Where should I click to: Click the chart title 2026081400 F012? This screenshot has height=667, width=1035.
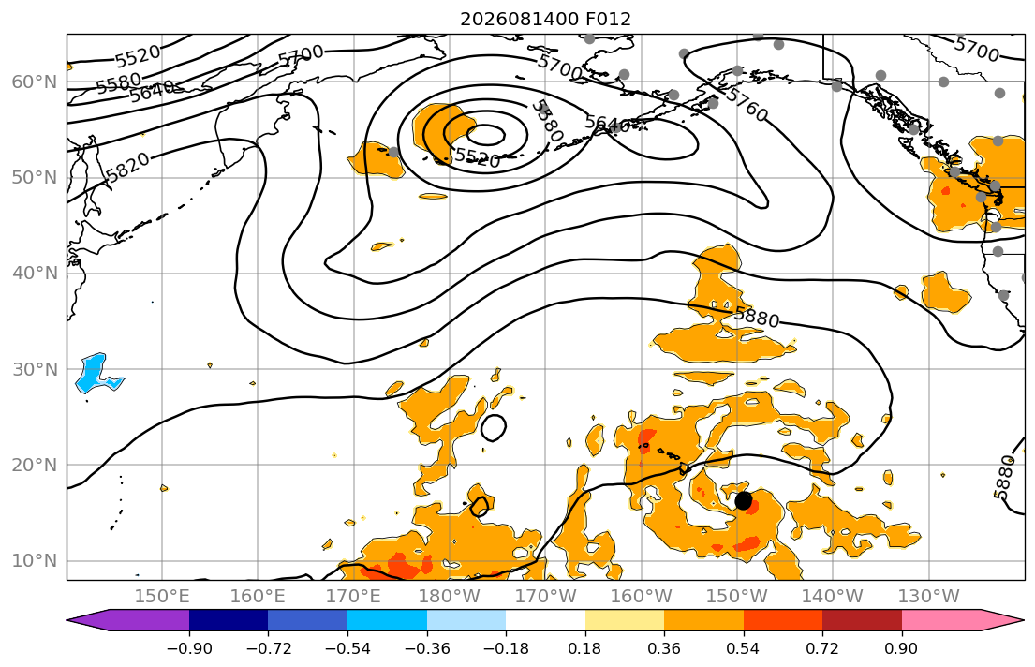point(545,19)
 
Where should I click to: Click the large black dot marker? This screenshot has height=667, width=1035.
point(744,500)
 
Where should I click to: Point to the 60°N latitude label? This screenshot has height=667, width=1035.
point(35,82)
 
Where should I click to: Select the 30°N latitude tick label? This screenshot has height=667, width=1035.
point(35,369)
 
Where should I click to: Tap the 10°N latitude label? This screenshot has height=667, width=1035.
point(35,561)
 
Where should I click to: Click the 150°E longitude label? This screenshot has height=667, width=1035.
point(162,597)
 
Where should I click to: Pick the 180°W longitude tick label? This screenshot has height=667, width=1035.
point(451,597)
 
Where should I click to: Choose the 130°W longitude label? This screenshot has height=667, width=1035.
point(929,597)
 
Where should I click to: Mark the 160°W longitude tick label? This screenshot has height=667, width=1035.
point(642,597)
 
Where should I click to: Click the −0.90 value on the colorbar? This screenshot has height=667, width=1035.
point(189,648)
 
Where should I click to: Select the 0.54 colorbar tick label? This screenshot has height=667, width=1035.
point(744,648)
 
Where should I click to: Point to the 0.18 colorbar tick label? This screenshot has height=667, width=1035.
point(584,648)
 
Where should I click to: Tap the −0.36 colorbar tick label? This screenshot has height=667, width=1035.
point(426,648)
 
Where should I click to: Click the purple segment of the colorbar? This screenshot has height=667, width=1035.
point(132,620)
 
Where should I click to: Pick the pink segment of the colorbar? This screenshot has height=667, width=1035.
point(957,620)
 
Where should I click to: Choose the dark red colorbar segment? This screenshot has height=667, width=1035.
point(862,620)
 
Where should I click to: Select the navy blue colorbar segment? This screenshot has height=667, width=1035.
point(229,620)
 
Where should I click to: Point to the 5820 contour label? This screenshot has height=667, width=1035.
point(127,168)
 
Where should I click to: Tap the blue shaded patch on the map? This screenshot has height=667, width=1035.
point(96,375)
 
